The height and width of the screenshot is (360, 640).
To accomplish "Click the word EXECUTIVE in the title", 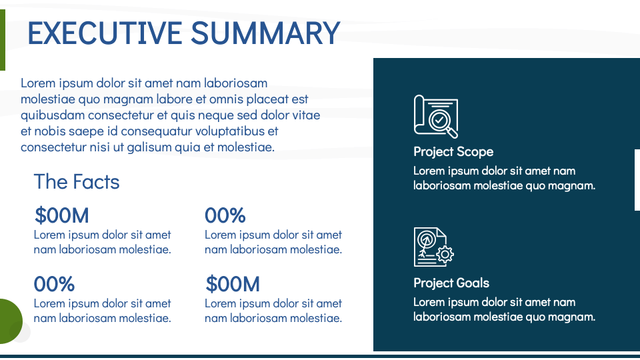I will click(x=105, y=33).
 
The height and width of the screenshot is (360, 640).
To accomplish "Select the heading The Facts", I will click(x=77, y=181).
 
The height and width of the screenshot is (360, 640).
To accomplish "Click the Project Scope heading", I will click(x=453, y=151).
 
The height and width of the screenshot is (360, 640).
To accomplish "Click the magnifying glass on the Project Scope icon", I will click(x=441, y=121).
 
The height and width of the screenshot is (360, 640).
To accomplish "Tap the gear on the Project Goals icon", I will click(x=445, y=254).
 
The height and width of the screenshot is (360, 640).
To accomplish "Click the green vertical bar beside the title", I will click(x=3, y=40).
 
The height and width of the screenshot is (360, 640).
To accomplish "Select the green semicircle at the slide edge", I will click(x=10, y=321).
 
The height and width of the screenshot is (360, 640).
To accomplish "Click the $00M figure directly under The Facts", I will click(x=61, y=215).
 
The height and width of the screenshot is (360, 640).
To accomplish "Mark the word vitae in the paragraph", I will click(x=306, y=115).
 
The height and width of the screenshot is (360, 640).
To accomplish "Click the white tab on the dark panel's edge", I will click(x=637, y=180).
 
